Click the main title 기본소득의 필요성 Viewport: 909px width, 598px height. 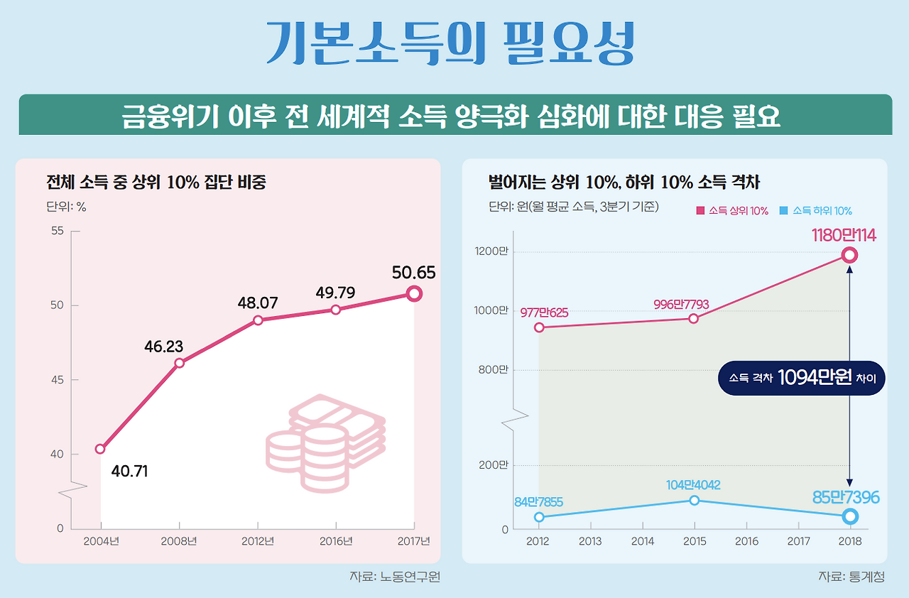click(450, 44)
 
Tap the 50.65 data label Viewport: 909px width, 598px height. click(413, 273)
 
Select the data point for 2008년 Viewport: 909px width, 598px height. click(179, 363)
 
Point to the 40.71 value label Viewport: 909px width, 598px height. click(129, 471)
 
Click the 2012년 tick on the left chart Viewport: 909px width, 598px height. click(257, 541)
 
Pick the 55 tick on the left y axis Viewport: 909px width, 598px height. click(58, 231)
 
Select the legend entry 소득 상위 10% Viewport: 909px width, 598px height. click(732, 211)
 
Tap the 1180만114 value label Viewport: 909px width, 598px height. click(844, 235)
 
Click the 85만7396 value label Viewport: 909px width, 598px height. click(845, 498)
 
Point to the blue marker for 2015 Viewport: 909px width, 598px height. click(694, 501)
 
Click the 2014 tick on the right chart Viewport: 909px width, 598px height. click(642, 541)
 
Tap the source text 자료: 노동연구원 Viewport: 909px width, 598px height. click(395, 577)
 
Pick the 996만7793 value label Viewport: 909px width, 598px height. click(681, 304)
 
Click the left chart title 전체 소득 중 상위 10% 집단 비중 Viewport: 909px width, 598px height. click(156, 183)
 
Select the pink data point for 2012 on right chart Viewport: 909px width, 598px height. click(539, 327)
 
